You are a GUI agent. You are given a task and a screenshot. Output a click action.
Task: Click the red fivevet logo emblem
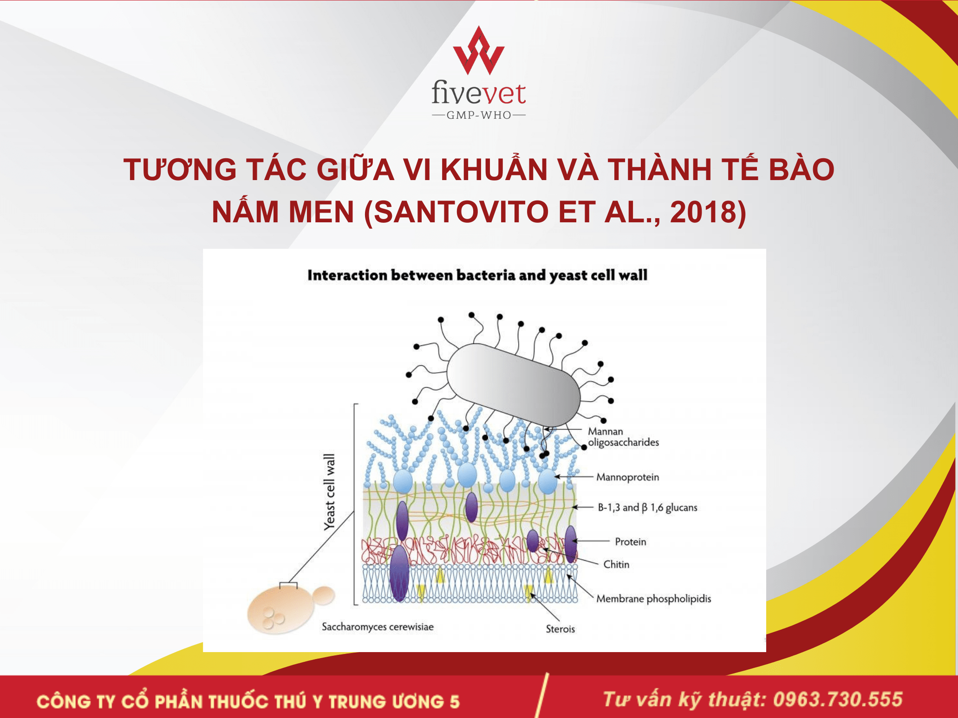[479, 51]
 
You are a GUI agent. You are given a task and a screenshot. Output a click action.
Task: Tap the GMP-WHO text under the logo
[479, 115]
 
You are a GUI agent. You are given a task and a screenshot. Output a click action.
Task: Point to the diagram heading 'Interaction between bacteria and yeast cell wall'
[477, 275]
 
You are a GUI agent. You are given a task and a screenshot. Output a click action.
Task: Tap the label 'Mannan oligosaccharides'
[623, 437]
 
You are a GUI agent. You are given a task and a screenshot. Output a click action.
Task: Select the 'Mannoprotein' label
[627, 477]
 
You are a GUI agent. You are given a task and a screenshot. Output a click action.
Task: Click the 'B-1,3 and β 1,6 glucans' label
[647, 507]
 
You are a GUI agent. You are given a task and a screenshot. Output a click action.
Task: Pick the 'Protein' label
[630, 542]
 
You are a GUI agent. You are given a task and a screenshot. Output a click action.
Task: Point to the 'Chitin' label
[616, 564]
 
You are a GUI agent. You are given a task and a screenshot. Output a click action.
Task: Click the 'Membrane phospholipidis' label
[653, 599]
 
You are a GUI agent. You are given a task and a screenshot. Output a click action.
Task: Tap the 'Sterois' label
[560, 629]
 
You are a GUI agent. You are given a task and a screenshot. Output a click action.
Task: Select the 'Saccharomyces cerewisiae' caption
[378, 627]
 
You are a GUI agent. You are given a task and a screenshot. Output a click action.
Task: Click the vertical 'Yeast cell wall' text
[329, 492]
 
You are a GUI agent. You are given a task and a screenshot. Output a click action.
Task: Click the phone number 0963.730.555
[838, 699]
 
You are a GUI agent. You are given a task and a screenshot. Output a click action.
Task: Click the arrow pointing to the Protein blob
[591, 541]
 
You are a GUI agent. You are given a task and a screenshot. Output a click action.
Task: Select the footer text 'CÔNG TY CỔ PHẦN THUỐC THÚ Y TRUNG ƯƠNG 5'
[248, 701]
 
